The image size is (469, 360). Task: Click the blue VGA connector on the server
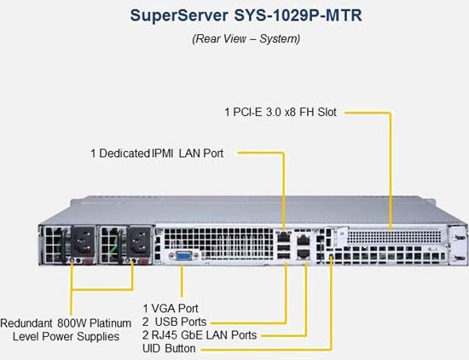coord(183,256)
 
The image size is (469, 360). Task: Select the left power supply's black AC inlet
coord(83,241)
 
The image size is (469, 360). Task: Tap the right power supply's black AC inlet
coord(138,242)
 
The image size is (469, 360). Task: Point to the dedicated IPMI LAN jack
coord(283,236)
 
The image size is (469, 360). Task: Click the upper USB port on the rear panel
coord(284,247)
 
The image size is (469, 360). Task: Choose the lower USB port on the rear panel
coord(284,256)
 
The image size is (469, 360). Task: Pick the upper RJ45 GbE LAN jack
coord(304,241)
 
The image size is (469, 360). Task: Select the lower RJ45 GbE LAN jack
coord(304,253)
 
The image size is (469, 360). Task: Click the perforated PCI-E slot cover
coord(394,236)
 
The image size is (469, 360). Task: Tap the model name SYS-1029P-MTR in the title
coord(298,15)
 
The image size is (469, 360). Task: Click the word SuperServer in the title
coord(179,15)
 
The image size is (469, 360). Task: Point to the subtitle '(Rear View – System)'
coord(246,38)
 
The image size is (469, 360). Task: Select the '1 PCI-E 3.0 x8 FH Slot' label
coord(281,113)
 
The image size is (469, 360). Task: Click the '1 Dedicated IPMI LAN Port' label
coord(157,154)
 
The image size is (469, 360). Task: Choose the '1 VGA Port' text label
coord(171,308)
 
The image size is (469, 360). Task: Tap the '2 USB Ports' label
coord(174,322)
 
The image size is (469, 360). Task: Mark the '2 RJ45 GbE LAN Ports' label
coord(200,335)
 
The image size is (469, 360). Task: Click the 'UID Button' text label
coord(169,348)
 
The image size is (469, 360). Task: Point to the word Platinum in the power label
coord(110,323)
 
